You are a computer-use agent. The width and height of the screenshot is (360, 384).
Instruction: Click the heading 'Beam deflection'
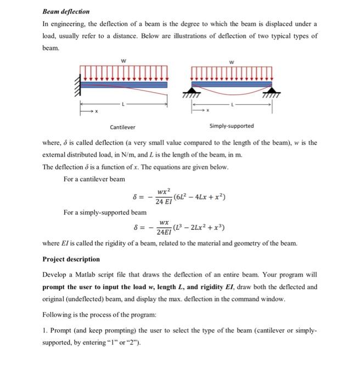66,11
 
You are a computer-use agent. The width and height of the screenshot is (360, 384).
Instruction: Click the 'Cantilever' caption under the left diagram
122,127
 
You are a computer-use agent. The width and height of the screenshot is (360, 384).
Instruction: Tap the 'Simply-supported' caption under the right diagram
232,127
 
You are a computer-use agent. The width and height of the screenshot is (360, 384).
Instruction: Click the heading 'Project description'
71,259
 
